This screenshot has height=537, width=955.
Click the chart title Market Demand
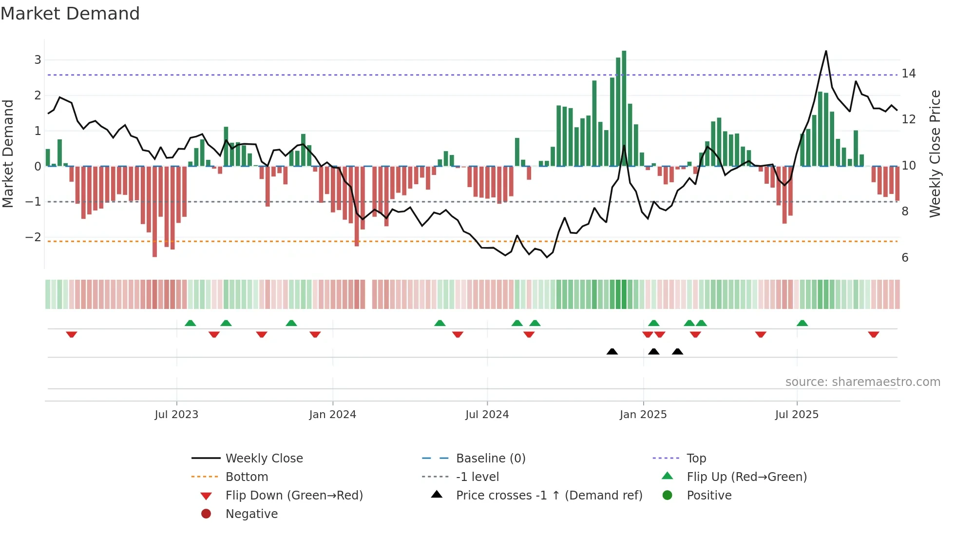pos(70,14)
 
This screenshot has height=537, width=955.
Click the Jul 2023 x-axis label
pos(176,415)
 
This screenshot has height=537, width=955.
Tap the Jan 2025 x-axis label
pos(643,415)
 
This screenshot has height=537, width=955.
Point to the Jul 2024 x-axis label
pos(487,415)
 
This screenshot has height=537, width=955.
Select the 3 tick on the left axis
pos(38,60)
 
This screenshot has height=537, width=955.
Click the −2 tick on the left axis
pos(34,237)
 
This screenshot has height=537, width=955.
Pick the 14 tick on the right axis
pos(909,74)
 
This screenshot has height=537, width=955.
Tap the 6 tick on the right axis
pos(905,258)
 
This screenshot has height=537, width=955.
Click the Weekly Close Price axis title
pos(935,153)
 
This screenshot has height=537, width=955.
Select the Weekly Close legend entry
pos(264,459)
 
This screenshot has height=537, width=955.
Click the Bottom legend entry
pos(247,477)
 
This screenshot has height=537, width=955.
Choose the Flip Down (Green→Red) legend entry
pos(294,496)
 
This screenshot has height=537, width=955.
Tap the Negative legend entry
pos(251,514)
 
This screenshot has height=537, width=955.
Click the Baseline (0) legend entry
pos(491,459)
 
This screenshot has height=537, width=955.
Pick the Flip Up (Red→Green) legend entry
pos(746,477)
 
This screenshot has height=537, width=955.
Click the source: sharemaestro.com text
pos(862,382)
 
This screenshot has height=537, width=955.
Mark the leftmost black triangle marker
pos(612,352)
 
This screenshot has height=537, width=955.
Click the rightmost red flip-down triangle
pos(874,334)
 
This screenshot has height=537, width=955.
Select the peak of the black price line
pos(826,51)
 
